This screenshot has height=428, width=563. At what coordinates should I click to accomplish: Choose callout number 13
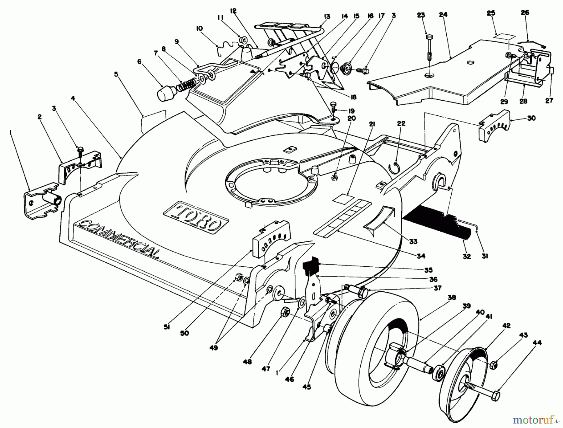tap(327, 17)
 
